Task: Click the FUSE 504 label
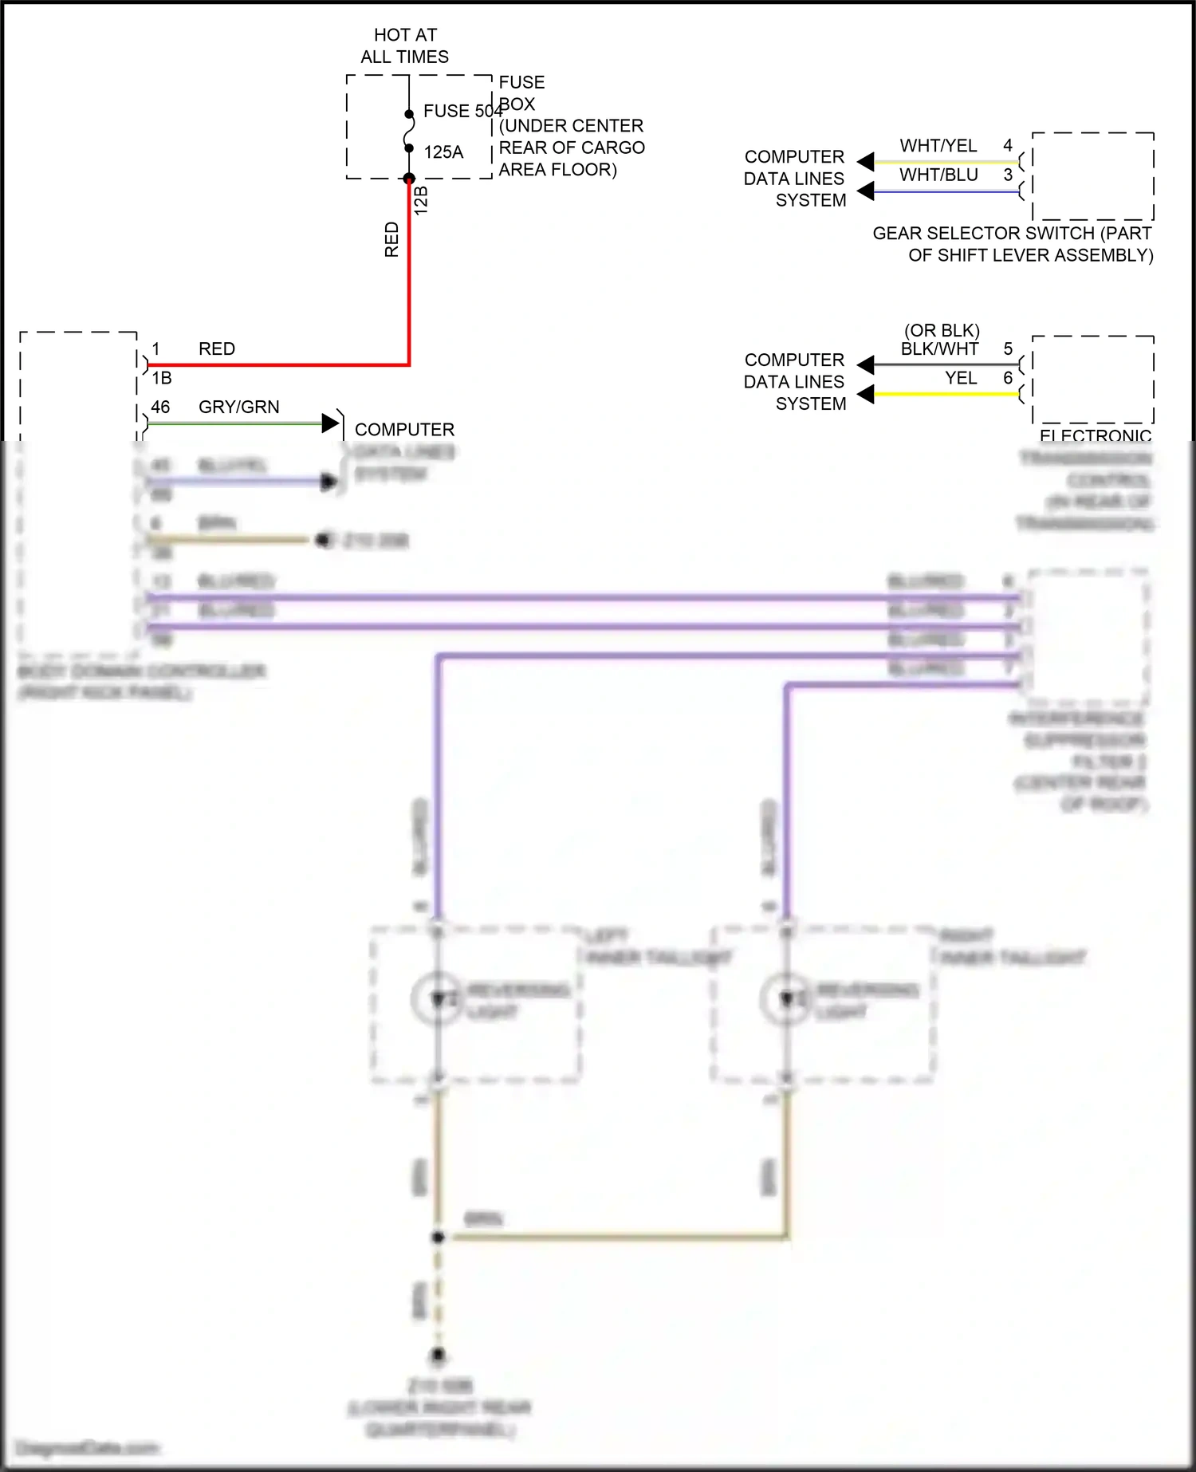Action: point(462,111)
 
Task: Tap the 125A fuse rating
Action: point(443,152)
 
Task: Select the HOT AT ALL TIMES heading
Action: point(405,45)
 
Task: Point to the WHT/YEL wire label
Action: point(938,146)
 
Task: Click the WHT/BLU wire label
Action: point(938,175)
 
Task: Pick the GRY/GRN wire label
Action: point(238,407)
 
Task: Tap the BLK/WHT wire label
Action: point(939,349)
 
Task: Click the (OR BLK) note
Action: point(942,330)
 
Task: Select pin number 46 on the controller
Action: point(160,407)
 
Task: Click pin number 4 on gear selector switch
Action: point(1008,146)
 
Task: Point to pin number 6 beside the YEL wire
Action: point(1008,378)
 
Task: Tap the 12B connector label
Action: point(422,200)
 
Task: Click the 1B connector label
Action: point(162,378)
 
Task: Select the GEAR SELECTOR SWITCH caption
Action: point(1013,244)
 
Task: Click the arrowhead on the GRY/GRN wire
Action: point(330,423)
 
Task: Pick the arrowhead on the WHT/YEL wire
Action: point(866,162)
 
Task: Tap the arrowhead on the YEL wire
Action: point(866,394)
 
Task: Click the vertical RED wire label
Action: point(391,239)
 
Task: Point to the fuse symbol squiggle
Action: point(409,131)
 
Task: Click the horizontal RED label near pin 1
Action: point(217,349)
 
